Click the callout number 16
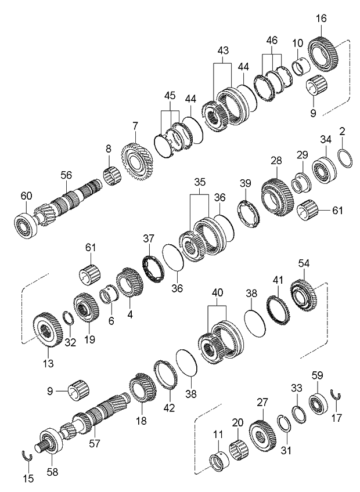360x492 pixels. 320,19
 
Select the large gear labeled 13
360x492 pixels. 46,331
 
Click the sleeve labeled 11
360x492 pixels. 216,461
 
